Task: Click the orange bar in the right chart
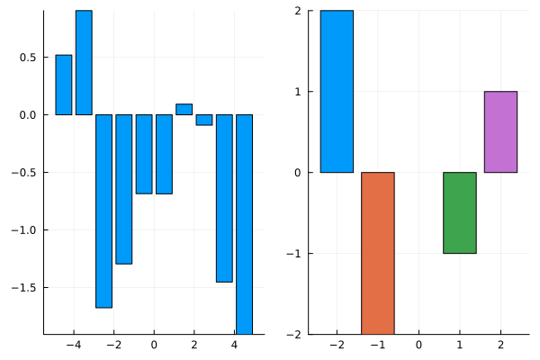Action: coord(378,253)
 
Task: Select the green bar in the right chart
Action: coord(459,212)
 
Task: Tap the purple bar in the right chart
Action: coord(500,131)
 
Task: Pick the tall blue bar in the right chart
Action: coord(337,91)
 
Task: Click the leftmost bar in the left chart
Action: coord(64,85)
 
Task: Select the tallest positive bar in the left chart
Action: coord(84,62)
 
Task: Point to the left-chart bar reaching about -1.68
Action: coord(103,211)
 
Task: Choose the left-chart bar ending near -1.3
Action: coord(123,189)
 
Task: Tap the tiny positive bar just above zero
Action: coord(184,110)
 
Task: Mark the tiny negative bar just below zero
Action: coord(204,120)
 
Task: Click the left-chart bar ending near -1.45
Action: coord(224,198)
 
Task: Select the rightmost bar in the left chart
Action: coord(244,224)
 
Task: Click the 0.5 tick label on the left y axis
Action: coord(27,58)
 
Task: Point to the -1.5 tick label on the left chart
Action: coord(23,288)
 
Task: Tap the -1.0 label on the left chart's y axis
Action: coord(23,230)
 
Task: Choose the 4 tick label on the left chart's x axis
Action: coord(234,345)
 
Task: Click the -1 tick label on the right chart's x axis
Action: coord(374,345)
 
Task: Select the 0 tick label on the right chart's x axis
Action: coord(418,345)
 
